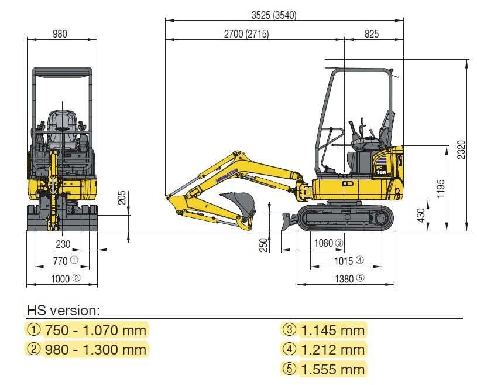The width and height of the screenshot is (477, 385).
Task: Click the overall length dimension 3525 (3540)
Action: pyautogui.click(x=273, y=15)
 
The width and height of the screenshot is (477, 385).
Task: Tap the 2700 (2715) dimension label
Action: pyautogui.click(x=246, y=34)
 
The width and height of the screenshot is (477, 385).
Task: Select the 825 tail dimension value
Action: pyautogui.click(x=372, y=34)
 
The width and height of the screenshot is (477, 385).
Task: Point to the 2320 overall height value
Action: pyautogui.click(x=461, y=149)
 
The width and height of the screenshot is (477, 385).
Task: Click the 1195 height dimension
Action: pyautogui.click(x=441, y=189)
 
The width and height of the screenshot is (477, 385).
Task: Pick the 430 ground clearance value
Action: pyautogui.click(x=421, y=215)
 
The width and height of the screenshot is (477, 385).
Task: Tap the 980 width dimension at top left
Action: pyautogui.click(x=60, y=34)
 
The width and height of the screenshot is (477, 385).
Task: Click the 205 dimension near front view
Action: pyautogui.click(x=121, y=197)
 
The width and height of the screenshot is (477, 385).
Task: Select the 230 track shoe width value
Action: pyautogui.click(x=63, y=244)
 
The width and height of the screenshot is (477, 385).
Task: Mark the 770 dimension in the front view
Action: pyautogui.click(x=60, y=261)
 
